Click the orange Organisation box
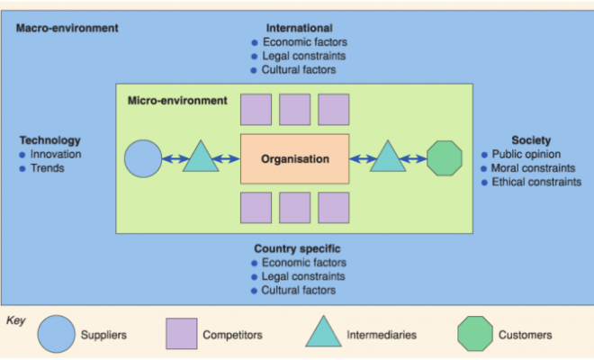[294, 158]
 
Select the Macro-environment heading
[67, 28]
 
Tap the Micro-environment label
[177, 100]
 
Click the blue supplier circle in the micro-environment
[142, 158]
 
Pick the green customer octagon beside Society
[444, 158]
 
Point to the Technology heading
[49, 140]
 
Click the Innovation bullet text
[56, 154]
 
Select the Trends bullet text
[48, 167]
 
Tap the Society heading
[531, 140]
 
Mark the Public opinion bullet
[526, 154]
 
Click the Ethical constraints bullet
[536, 182]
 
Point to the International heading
[300, 28]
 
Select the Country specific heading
[297, 248]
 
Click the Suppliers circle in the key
[56, 334]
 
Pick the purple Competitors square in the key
[181, 334]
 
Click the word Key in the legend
[16, 319]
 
